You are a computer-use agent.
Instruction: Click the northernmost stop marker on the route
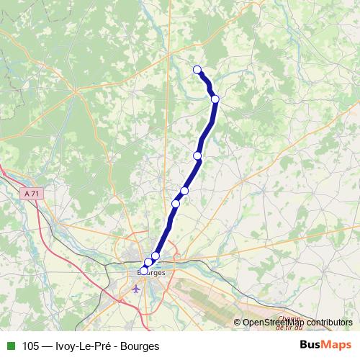pos(197,70)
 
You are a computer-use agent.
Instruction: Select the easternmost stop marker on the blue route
pos(215,99)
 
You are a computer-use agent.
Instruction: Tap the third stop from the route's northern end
pos(197,156)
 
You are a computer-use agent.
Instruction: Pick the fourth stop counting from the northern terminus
pos(184,191)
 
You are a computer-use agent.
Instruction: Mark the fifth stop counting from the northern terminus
pos(176,204)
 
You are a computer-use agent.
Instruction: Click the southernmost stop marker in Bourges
pos(143,271)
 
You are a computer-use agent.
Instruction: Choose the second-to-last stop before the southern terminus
pos(148,262)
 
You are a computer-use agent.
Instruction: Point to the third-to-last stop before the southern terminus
pos(156,256)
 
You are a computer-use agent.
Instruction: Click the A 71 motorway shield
pos(30,194)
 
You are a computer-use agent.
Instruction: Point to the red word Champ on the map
pos(288,318)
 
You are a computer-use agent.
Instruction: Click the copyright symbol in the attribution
pos(237,323)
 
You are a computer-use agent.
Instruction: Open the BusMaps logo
pos(325,345)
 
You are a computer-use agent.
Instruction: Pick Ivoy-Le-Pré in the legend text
pos(84,346)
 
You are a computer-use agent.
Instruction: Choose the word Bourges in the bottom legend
pos(140,346)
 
